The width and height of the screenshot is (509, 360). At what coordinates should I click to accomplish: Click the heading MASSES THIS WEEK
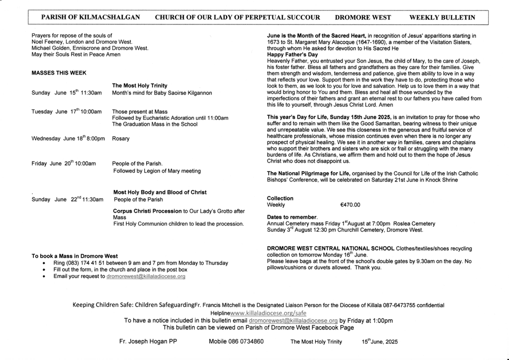[x=59, y=73]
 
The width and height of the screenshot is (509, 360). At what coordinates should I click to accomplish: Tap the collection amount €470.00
[x=350, y=205]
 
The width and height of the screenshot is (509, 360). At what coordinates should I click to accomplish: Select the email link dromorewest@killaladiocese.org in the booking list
[x=146, y=276]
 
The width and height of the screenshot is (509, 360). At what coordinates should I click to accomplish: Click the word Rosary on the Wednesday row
[x=121, y=139]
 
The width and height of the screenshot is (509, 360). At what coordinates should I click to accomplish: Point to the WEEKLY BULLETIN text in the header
[x=442, y=17]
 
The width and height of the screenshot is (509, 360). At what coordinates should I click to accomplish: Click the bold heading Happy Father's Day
[x=292, y=55]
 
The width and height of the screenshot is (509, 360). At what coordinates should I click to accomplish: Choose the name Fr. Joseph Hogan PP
[x=148, y=342]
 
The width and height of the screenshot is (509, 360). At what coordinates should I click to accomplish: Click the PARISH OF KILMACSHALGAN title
[x=90, y=17]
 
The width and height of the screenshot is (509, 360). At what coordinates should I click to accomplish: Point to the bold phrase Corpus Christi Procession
[x=147, y=211]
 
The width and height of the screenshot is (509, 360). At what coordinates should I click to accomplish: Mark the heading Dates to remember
[x=292, y=217]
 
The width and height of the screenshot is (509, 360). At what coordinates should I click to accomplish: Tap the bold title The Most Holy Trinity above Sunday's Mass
[x=140, y=86]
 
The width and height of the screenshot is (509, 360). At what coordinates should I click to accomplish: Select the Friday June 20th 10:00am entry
[x=64, y=164]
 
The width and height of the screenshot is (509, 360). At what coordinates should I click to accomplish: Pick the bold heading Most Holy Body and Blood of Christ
[x=160, y=192]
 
